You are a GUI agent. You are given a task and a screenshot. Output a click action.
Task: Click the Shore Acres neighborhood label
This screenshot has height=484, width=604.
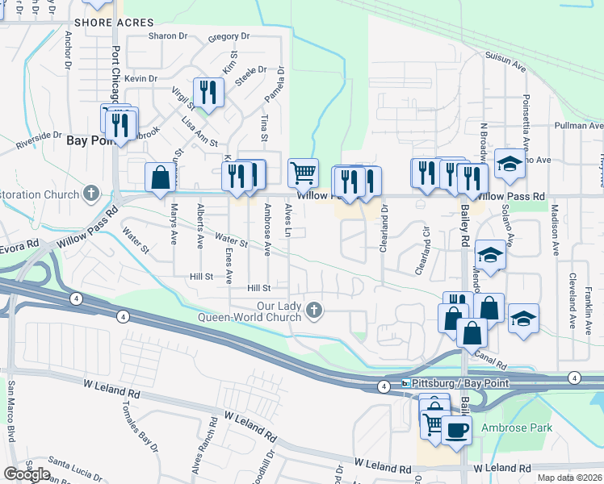[x=114, y=23]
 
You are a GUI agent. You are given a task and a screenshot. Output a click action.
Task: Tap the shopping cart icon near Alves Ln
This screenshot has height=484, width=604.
[x=302, y=172]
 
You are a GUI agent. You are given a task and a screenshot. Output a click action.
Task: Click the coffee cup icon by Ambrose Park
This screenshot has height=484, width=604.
[x=457, y=430]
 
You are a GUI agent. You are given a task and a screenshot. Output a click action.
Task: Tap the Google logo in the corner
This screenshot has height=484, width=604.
[x=27, y=474]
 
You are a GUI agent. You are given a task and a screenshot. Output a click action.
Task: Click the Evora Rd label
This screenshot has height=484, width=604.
[x=19, y=243]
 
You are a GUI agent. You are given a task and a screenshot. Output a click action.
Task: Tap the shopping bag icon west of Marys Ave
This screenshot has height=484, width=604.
[x=160, y=177]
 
